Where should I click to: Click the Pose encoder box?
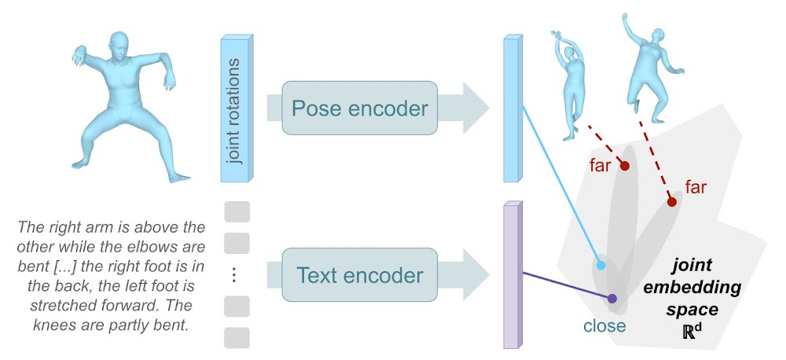click(x=359, y=108)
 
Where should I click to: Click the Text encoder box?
click(x=359, y=276)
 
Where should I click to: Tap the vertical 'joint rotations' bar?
click(x=235, y=108)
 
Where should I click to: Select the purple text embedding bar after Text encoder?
click(x=512, y=276)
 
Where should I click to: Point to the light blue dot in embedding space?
click(x=602, y=266)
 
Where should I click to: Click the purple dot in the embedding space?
click(x=612, y=298)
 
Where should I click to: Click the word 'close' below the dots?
click(x=604, y=325)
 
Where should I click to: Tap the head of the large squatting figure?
click(x=119, y=46)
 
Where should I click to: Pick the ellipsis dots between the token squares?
click(x=237, y=274)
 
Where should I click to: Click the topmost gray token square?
click(x=237, y=211)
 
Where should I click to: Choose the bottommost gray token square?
click(x=237, y=337)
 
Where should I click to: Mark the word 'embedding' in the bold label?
click(x=692, y=288)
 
